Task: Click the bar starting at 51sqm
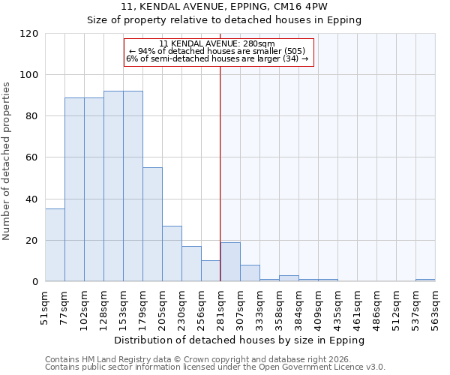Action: click(x=55, y=245)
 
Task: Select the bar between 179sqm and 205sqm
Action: click(x=152, y=224)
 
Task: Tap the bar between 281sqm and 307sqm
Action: click(x=230, y=262)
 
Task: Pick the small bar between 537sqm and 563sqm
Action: click(x=425, y=280)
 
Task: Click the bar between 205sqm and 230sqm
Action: click(x=172, y=253)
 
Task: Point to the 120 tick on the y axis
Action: click(x=29, y=34)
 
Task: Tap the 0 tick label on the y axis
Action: click(x=35, y=282)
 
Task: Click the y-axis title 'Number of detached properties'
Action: click(x=7, y=161)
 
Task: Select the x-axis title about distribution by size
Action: click(x=239, y=340)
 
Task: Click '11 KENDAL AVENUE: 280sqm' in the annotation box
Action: click(x=217, y=44)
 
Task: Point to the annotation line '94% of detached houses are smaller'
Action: click(x=217, y=51)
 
